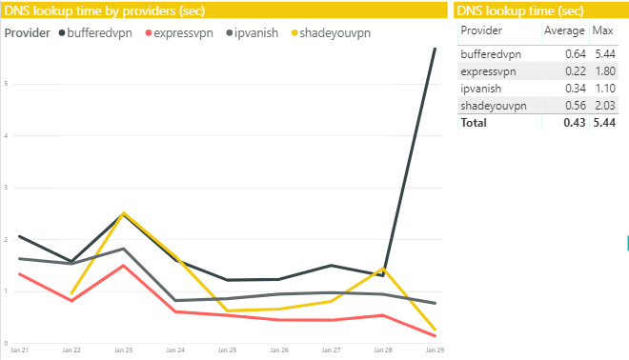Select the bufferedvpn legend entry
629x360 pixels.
(x=99, y=32)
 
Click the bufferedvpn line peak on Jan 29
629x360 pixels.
(x=435, y=49)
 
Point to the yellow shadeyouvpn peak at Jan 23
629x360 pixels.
(x=123, y=212)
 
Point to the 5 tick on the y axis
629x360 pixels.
(x=7, y=84)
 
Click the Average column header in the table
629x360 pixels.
(x=562, y=31)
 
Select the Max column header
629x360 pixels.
(x=602, y=31)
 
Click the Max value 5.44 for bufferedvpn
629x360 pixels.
(x=602, y=54)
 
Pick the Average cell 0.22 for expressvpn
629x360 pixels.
(x=576, y=71)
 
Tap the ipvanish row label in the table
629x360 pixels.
(x=480, y=89)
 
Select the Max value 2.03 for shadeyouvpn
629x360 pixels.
(x=602, y=106)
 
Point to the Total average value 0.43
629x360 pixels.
(x=574, y=123)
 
